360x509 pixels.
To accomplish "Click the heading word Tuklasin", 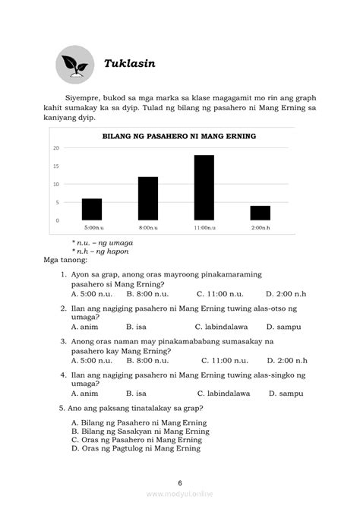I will click(129, 63).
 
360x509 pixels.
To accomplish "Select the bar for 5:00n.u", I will click(92, 209).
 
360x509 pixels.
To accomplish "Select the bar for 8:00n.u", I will click(148, 198).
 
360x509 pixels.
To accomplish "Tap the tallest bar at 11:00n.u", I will click(204, 188).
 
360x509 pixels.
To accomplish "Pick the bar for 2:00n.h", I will click(261, 213).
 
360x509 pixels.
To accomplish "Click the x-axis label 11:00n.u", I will click(204, 227).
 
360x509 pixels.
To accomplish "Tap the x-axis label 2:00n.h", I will click(261, 227).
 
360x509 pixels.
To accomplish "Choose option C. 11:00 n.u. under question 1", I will click(219, 293).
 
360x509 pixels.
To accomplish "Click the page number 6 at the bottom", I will click(180, 482).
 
